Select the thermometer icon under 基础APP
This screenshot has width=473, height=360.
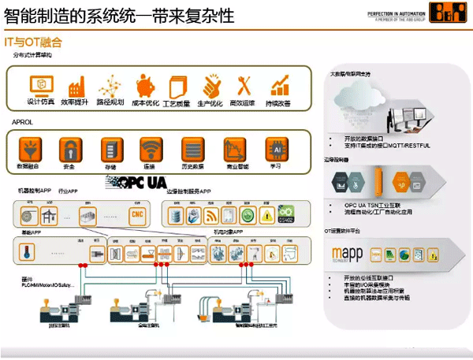click(x=29, y=254)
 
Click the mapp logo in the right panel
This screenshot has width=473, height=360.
click(x=348, y=255)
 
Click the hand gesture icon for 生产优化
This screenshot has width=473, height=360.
click(x=209, y=84)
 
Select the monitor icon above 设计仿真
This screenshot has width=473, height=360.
click(x=39, y=84)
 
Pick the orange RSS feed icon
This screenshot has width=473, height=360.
click(x=210, y=214)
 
